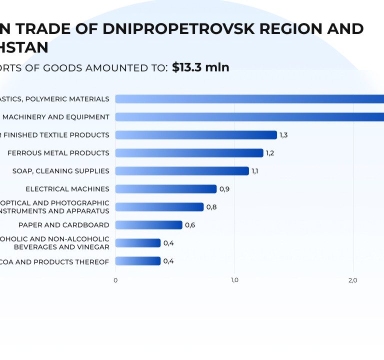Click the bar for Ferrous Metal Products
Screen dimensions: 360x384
tap(189, 153)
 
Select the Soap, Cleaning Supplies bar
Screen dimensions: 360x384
tap(182, 171)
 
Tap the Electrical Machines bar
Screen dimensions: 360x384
tap(166, 189)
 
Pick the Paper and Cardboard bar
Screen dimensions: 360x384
tap(148, 225)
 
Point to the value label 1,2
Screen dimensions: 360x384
tap(270, 153)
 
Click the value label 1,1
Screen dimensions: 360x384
tap(255, 171)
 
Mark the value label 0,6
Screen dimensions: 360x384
tap(190, 225)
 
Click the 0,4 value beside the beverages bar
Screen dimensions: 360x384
tap(168, 243)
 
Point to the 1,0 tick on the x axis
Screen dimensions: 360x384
tap(234, 280)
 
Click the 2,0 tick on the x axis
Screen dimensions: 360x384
tap(352, 280)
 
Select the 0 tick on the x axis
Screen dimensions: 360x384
tap(115, 280)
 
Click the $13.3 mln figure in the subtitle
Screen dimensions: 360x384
tap(200, 67)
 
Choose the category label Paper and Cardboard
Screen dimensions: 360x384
tap(64, 225)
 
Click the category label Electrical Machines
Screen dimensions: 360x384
tap(67, 189)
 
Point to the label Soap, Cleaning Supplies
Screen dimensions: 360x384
tap(61, 171)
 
